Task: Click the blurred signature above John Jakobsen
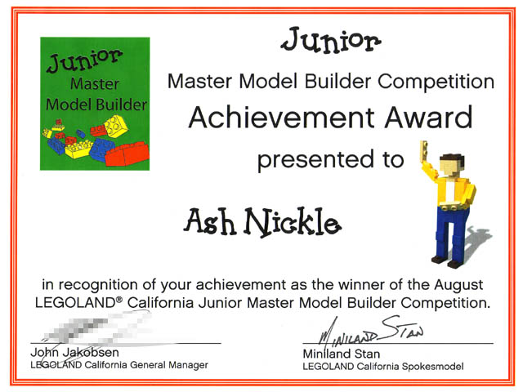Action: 82,333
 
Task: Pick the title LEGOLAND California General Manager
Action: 118,365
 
